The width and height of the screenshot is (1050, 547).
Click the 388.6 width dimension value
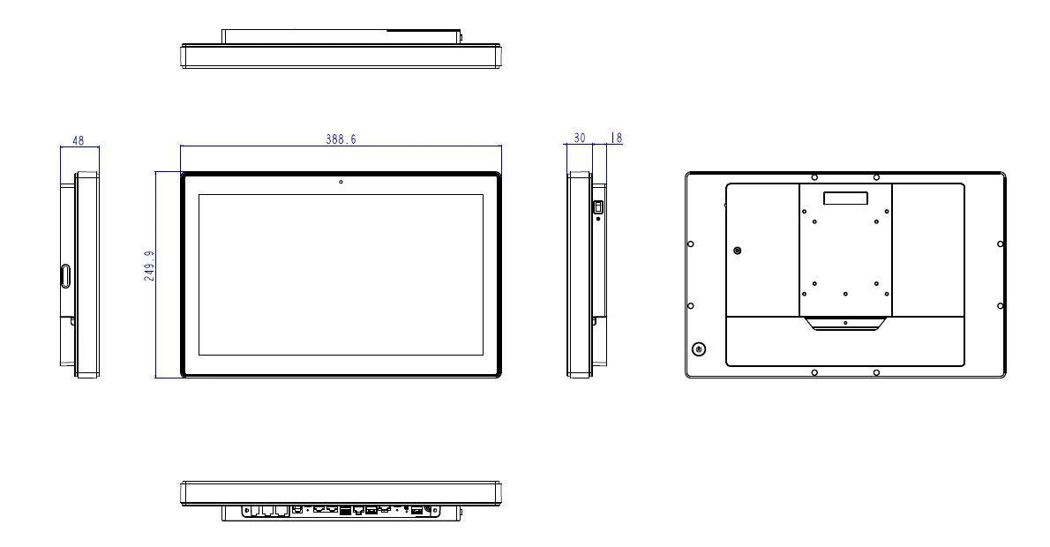pyautogui.click(x=341, y=139)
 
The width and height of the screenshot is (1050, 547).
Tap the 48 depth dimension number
pyautogui.click(x=79, y=139)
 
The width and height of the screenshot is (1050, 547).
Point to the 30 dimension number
pyautogui.click(x=580, y=138)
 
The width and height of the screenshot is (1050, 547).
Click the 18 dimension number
pyautogui.click(x=615, y=138)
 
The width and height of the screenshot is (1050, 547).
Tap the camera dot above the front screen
pyautogui.click(x=341, y=184)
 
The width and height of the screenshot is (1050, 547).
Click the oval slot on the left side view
pyautogui.click(x=64, y=275)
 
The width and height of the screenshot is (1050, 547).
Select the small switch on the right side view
pyautogui.click(x=597, y=207)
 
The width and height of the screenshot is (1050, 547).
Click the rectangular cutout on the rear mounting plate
pyautogui.click(x=844, y=199)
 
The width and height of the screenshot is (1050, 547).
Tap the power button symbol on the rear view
pyautogui.click(x=700, y=348)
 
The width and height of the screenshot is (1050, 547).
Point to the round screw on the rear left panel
pyautogui.click(x=738, y=251)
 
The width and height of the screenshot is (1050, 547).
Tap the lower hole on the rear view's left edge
pyautogui.click(x=691, y=305)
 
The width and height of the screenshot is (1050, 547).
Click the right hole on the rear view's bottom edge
pyautogui.click(x=875, y=372)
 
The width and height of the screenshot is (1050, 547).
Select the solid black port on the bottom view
pyautogui.click(x=345, y=510)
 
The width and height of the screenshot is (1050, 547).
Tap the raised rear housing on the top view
pyautogui.click(x=341, y=36)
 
